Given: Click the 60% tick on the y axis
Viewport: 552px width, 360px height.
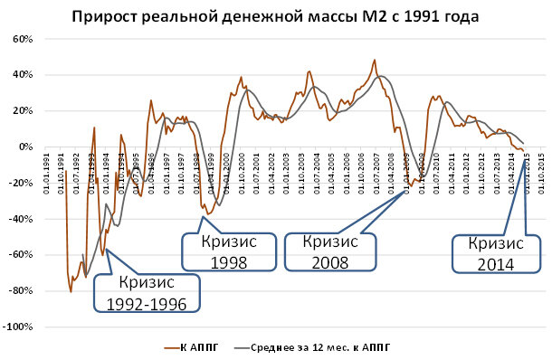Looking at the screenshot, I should pyautogui.click(x=22, y=40).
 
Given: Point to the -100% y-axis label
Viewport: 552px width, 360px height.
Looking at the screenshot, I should pyautogui.click(x=19, y=327).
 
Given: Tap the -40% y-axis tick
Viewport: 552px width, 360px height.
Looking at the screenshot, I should pyautogui.click(x=22, y=219).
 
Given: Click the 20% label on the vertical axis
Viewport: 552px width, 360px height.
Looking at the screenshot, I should pyautogui.click(x=22, y=111).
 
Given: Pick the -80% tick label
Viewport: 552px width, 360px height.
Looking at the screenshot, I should pyautogui.click(x=22, y=290).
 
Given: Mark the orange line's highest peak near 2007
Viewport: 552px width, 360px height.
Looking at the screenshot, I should pyautogui.click(x=375, y=60).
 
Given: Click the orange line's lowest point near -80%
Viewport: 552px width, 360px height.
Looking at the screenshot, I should pyautogui.click(x=71, y=291).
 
